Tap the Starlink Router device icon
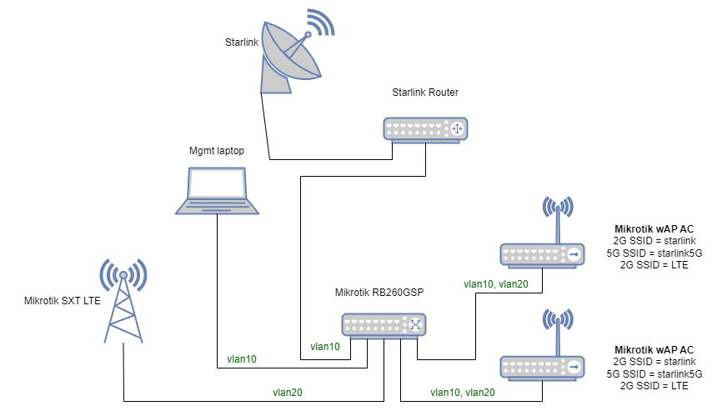click(x=425, y=128)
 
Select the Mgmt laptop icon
click(x=217, y=190)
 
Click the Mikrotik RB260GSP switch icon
click(x=384, y=325)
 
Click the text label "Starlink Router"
click(x=425, y=92)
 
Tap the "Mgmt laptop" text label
click(x=217, y=152)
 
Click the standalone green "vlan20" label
click(x=287, y=391)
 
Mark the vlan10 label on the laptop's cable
click(x=242, y=359)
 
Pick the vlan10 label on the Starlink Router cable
click(x=325, y=346)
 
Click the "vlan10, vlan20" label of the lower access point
click(x=462, y=392)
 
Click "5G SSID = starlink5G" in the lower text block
click(x=655, y=374)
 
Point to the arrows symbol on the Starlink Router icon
click(x=456, y=128)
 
